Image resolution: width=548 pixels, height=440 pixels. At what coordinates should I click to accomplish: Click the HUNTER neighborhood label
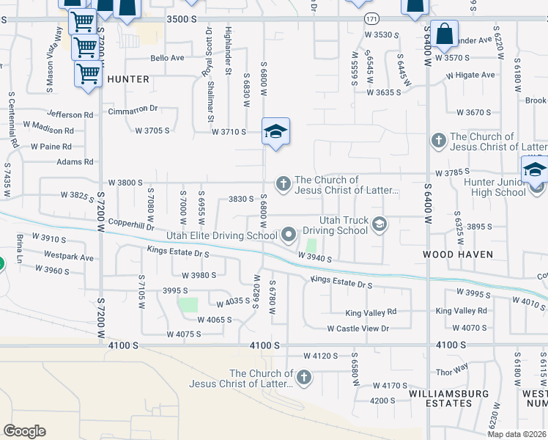tap(128, 78)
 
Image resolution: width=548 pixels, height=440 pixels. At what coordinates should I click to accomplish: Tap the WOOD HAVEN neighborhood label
tap(458, 254)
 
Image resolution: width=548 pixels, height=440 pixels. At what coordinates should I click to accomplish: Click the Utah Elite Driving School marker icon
tap(289, 235)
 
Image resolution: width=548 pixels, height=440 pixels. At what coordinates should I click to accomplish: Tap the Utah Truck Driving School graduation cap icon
tap(379, 224)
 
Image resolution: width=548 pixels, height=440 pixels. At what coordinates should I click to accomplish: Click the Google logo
tap(24, 430)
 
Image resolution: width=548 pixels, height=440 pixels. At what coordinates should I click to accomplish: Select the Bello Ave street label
tap(166, 58)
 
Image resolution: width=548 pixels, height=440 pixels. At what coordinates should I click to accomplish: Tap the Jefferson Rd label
tap(70, 115)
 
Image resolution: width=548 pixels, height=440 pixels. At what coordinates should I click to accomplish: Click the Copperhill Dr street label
tap(130, 226)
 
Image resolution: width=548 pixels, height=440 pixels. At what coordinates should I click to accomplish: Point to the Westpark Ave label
tap(69, 257)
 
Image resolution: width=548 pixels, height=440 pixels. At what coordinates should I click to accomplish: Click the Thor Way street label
tap(451, 372)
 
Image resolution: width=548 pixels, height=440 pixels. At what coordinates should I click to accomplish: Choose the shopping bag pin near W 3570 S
tap(444, 34)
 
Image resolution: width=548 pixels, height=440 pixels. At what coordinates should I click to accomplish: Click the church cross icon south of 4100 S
tap(303, 378)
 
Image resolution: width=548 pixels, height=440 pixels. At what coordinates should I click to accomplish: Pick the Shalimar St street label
tap(210, 109)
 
